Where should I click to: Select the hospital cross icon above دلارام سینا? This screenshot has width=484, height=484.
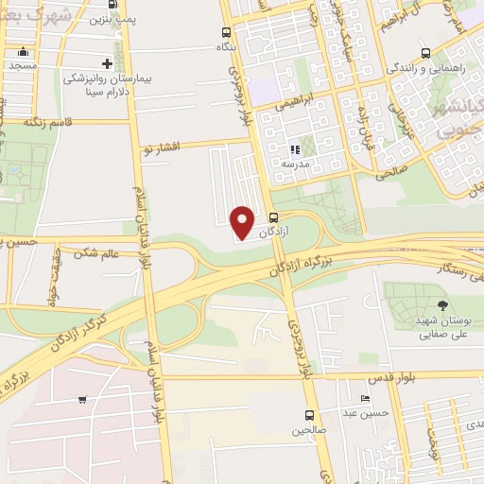[x=107, y=64]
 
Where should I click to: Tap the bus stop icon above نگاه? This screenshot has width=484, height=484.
[x=226, y=31]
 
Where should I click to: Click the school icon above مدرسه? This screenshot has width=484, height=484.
[x=296, y=148]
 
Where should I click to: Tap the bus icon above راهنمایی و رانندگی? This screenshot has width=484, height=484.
[x=425, y=53]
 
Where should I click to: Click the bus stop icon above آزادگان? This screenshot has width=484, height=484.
[x=274, y=216]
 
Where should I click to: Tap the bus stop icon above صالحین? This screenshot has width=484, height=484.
[x=309, y=414]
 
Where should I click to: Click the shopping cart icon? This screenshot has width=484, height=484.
[x=83, y=399]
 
